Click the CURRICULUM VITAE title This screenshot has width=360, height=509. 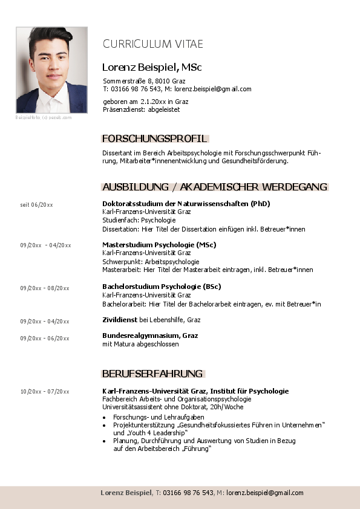coord(152,44)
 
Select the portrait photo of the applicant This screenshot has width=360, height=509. coord(51,70)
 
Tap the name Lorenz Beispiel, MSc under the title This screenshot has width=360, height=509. coord(152,66)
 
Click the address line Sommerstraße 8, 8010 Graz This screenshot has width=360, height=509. coord(144,81)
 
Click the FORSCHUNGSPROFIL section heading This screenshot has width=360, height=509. coord(155,138)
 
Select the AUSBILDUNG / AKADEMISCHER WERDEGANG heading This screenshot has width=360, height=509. coord(215,187)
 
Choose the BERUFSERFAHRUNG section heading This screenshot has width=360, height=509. coord(152,374)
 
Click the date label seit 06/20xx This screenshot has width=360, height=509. coord(36,205)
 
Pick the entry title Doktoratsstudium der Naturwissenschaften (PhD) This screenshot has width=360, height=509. coord(186,204)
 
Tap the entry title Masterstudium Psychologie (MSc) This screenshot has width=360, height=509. coord(159,245)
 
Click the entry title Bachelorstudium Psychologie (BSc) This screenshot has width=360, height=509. coord(162,287)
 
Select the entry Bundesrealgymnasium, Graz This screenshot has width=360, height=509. coord(150,336)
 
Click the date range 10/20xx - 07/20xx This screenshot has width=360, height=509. coord(45,392)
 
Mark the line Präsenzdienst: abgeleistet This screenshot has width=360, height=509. coord(142,109)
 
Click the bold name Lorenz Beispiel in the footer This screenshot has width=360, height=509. coord(126,493)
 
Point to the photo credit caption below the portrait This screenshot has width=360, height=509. coord(44,117)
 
